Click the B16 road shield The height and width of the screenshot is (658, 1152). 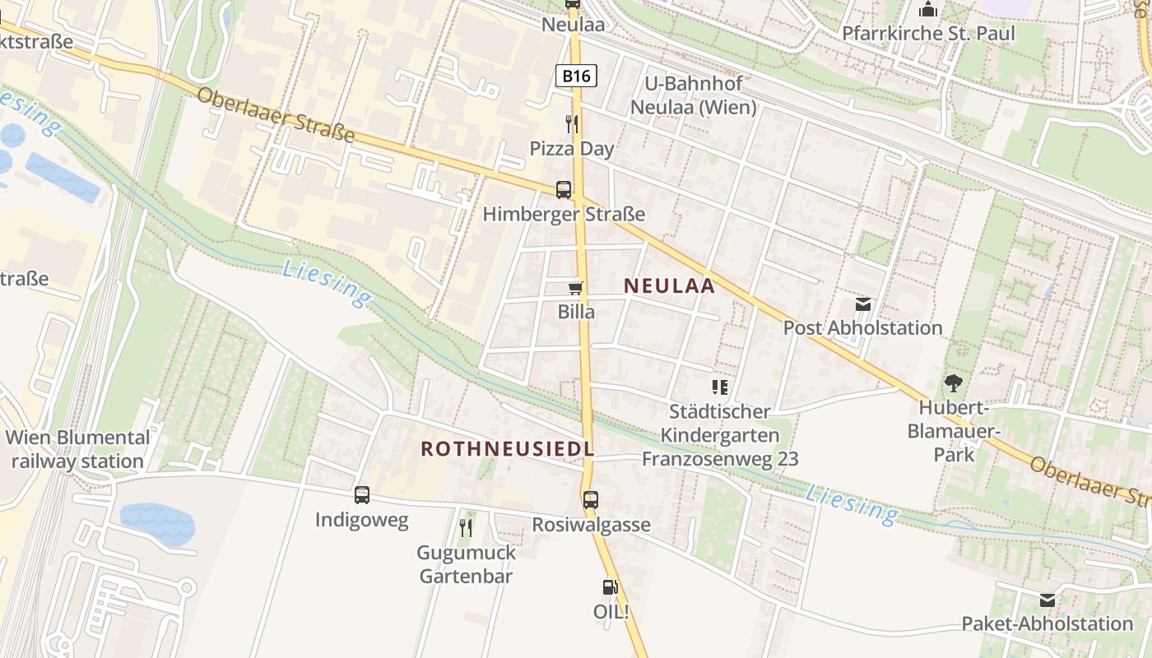point(576,76)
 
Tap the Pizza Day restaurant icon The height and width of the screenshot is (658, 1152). point(572,124)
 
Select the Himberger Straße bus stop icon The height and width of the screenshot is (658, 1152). point(564,190)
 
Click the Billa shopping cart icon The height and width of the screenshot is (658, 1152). point(576,288)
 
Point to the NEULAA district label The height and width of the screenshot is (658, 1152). point(669,285)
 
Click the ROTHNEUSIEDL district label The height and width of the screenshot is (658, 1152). point(507,448)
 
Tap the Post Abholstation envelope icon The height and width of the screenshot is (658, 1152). point(862,304)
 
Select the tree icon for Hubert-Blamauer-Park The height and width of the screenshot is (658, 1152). point(954,382)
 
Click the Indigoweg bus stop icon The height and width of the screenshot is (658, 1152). point(362,495)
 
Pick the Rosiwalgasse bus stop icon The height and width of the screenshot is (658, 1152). point(591,499)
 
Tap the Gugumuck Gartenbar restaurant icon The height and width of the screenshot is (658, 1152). point(466,527)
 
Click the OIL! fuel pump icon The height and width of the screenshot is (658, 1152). point(611,587)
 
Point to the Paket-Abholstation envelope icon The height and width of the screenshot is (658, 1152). point(1047,600)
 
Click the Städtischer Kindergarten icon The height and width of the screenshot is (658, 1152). point(720,387)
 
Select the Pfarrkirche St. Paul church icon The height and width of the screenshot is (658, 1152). point(928,10)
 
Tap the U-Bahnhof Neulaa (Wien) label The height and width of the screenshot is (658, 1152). point(692,95)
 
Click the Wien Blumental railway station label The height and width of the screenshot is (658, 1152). point(77,449)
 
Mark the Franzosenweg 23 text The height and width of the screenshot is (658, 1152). point(720,459)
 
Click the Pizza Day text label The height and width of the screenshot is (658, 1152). point(572,149)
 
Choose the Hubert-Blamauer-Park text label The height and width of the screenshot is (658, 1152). point(954,431)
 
